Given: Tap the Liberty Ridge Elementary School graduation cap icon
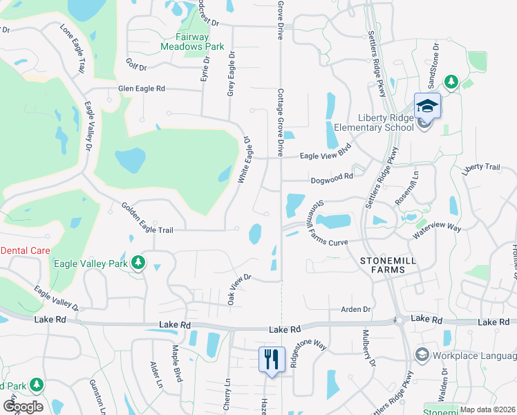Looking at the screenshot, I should point(427,106).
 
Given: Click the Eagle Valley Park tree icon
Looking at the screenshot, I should point(139,262).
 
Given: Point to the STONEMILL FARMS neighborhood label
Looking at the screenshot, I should point(391,266).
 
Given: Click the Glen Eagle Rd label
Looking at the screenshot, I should point(142,89).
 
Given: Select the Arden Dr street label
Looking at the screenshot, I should point(357,309).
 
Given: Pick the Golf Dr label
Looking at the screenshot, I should point(137,64).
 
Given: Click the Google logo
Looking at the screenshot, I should point(23,406).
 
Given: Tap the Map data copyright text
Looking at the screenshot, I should point(487,409).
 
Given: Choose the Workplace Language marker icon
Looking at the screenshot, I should point(421,355).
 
